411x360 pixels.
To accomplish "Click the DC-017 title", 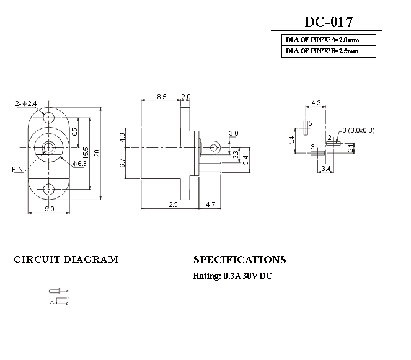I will tap(329, 22).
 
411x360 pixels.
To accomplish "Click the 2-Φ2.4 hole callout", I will tap(26, 103).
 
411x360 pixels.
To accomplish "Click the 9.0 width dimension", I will tap(48, 209).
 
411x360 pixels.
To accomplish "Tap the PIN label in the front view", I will tap(18, 168).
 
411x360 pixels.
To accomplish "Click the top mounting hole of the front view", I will tap(49, 115).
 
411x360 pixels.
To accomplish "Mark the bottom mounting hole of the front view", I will tap(49, 188).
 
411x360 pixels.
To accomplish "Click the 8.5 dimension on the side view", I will tap(161, 97).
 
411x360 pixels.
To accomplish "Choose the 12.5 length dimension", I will tap(171, 204).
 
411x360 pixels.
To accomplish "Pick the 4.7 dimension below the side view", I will tap(210, 204).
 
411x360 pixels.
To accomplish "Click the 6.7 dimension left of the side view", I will tap(122, 163).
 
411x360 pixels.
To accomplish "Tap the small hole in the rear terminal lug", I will tap(214, 147).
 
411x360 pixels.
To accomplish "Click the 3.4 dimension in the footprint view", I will tap(326, 168).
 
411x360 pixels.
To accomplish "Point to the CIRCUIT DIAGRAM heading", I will tap(66, 260).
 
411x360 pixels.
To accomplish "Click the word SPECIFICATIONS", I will tap(239, 260).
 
